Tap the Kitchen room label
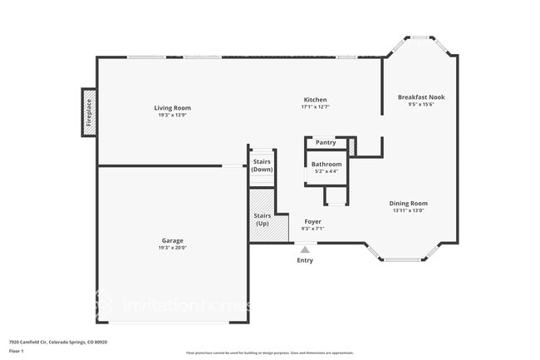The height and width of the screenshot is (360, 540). click(315, 99)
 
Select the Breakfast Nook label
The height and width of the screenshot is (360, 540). click(420, 97)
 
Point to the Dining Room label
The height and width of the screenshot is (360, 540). click(409, 203)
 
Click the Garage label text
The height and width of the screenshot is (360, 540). click(173, 241)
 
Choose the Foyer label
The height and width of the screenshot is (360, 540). click(312, 221)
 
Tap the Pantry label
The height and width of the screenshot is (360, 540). click(326, 143)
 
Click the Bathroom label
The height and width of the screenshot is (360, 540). click(326, 164)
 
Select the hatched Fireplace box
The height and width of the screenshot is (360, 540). click(89, 112)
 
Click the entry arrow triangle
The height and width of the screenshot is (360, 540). click(305, 249)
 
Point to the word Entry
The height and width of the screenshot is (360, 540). click(306, 260)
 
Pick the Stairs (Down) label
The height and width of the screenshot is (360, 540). click(263, 165)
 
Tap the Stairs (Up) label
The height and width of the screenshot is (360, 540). click(262, 219)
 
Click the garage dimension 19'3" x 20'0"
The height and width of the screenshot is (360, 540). click(173, 249)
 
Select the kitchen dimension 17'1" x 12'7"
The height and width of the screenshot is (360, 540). click(315, 106)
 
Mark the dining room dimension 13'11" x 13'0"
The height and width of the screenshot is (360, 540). click(409, 210)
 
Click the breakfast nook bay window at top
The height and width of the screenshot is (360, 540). click(420, 37)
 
